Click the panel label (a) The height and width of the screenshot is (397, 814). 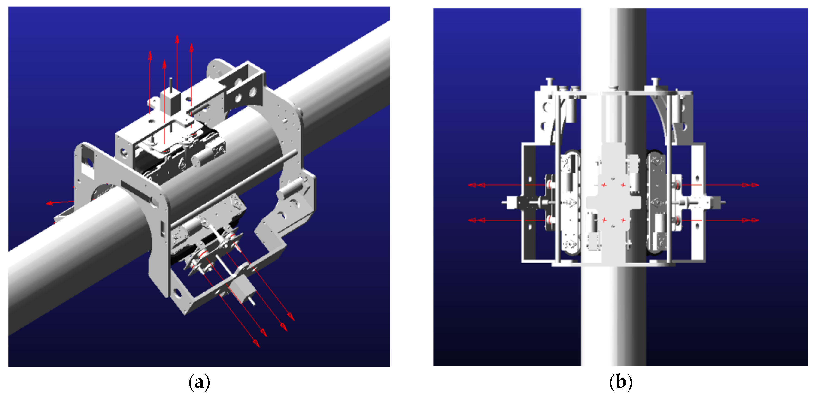pyautogui.click(x=199, y=382)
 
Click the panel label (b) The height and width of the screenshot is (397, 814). pyautogui.click(x=621, y=382)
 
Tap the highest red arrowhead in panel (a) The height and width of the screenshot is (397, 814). pyautogui.click(x=177, y=39)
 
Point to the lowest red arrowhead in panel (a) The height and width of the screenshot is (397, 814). pyautogui.click(x=256, y=343)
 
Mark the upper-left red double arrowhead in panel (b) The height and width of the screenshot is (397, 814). pyautogui.click(x=477, y=185)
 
